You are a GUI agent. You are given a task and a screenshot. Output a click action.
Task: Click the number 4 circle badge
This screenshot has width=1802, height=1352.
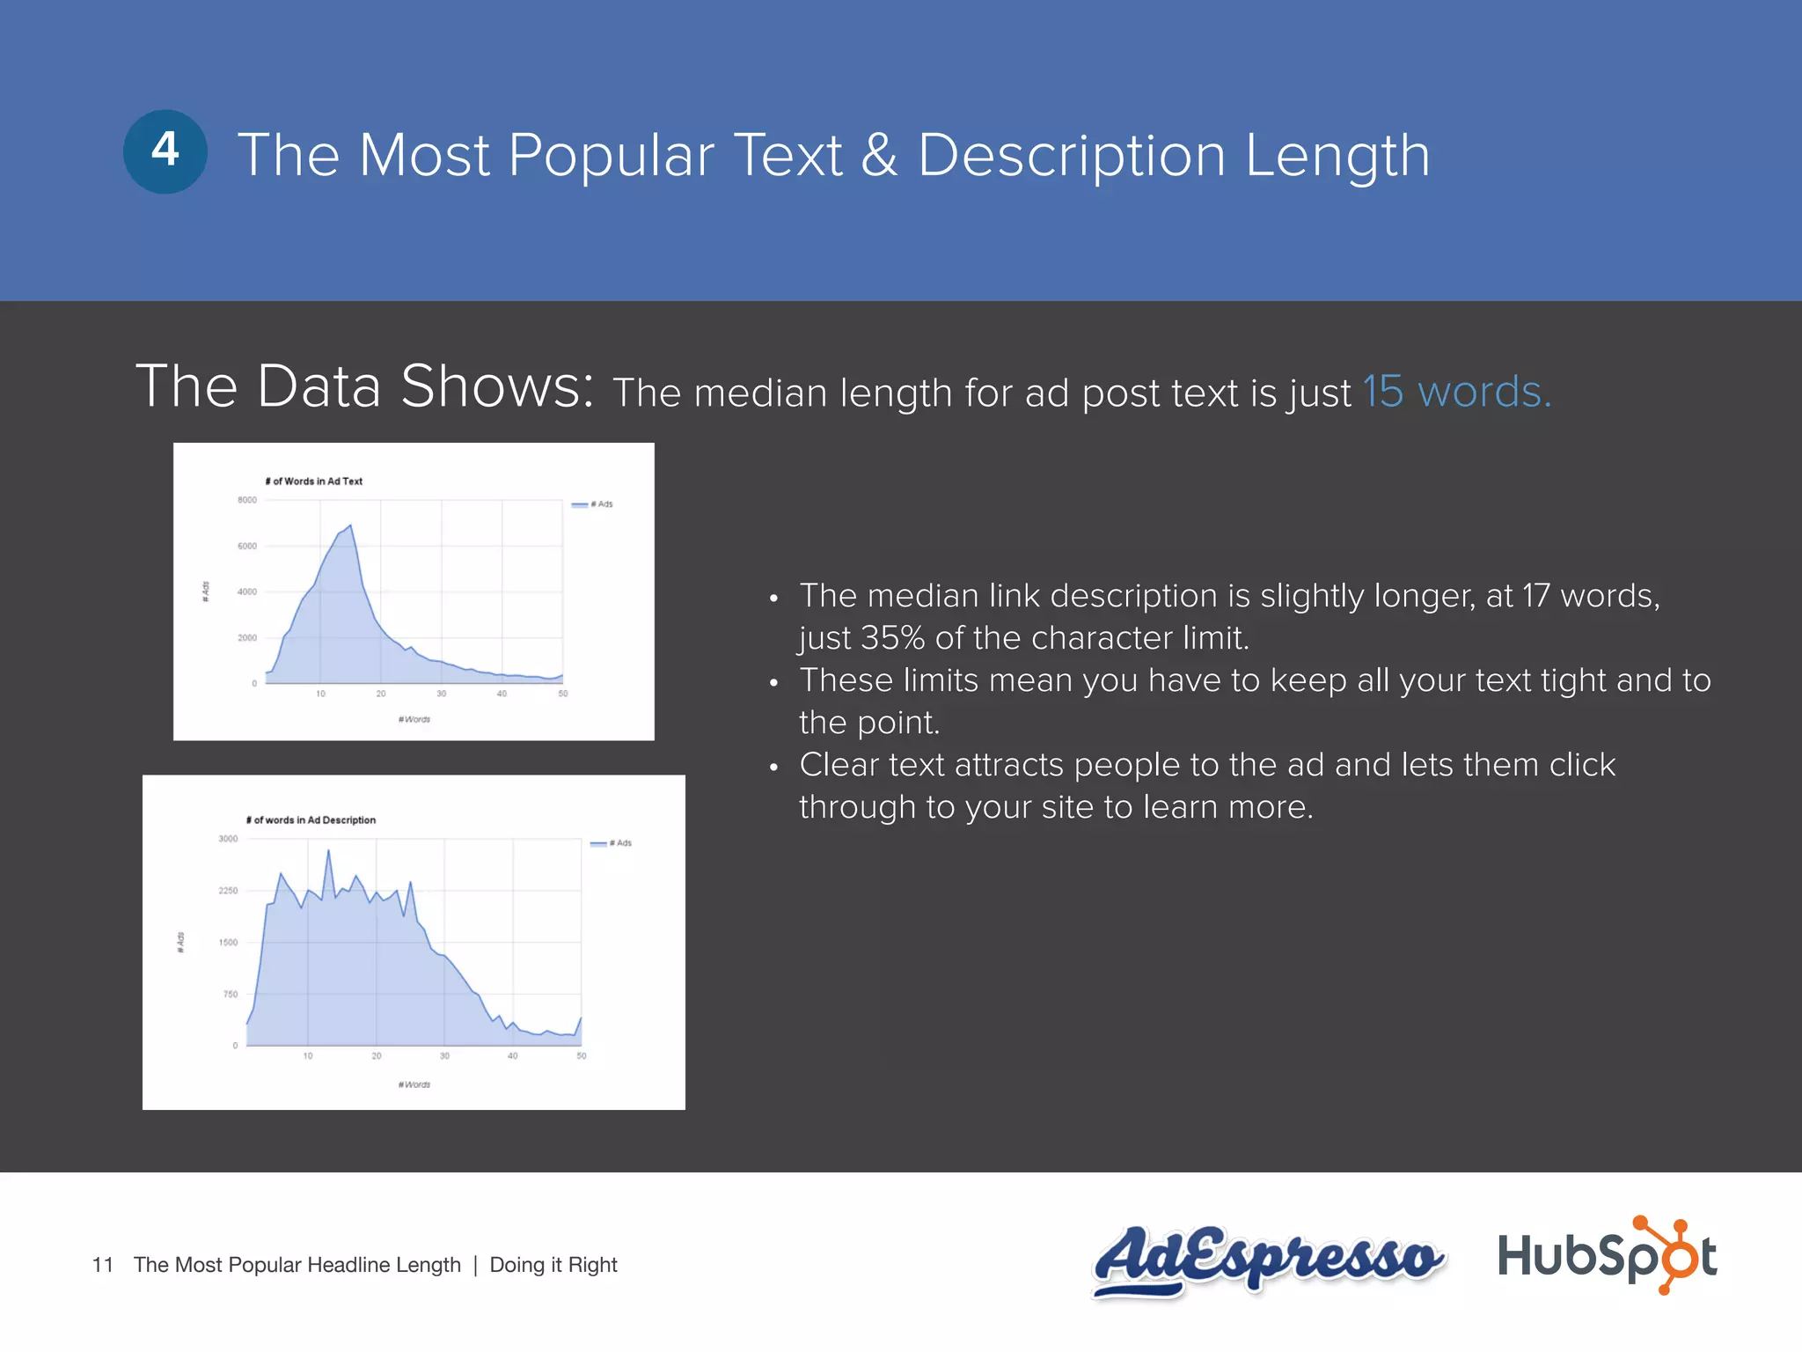(165, 151)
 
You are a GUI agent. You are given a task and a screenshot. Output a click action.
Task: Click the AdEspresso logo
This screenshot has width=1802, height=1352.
(1267, 1259)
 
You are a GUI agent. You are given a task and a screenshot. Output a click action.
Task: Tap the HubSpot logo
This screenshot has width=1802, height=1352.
(1607, 1256)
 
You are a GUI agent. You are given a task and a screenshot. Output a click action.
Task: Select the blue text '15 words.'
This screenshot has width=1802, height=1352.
(1457, 392)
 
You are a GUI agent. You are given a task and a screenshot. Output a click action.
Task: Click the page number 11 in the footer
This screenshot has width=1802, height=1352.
(102, 1265)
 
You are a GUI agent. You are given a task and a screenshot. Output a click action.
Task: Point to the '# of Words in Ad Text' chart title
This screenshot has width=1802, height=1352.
(314, 481)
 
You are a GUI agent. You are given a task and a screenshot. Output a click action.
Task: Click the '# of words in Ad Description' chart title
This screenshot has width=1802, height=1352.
(311, 820)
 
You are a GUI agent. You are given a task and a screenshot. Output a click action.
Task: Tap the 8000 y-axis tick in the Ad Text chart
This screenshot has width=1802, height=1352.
(247, 500)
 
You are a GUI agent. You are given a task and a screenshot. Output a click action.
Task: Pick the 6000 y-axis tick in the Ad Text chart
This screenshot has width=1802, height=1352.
(247, 547)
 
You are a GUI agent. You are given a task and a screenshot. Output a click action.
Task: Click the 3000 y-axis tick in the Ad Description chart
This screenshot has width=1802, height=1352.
(228, 839)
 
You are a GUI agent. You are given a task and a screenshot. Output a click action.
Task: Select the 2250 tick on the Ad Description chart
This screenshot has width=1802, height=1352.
(228, 891)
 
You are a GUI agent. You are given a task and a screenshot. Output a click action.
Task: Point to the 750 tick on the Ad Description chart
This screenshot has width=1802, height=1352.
(231, 995)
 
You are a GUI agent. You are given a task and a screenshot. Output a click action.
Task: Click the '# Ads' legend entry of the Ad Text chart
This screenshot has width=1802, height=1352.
(593, 504)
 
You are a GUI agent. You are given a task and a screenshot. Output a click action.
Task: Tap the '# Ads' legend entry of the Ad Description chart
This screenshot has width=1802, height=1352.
(612, 843)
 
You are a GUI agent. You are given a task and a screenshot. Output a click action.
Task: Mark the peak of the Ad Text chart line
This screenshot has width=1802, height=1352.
(351, 525)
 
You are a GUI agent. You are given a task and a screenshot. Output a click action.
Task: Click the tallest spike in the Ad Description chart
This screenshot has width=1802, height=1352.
(329, 850)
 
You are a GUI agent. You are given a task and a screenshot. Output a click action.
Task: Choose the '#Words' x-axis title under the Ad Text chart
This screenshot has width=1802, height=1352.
(414, 720)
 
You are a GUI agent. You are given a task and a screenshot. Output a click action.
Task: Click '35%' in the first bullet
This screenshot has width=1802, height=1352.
(892, 638)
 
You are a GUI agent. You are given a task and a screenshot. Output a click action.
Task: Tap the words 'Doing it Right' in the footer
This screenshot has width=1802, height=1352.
(553, 1265)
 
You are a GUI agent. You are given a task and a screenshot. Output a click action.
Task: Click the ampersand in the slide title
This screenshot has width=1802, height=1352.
(880, 156)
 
